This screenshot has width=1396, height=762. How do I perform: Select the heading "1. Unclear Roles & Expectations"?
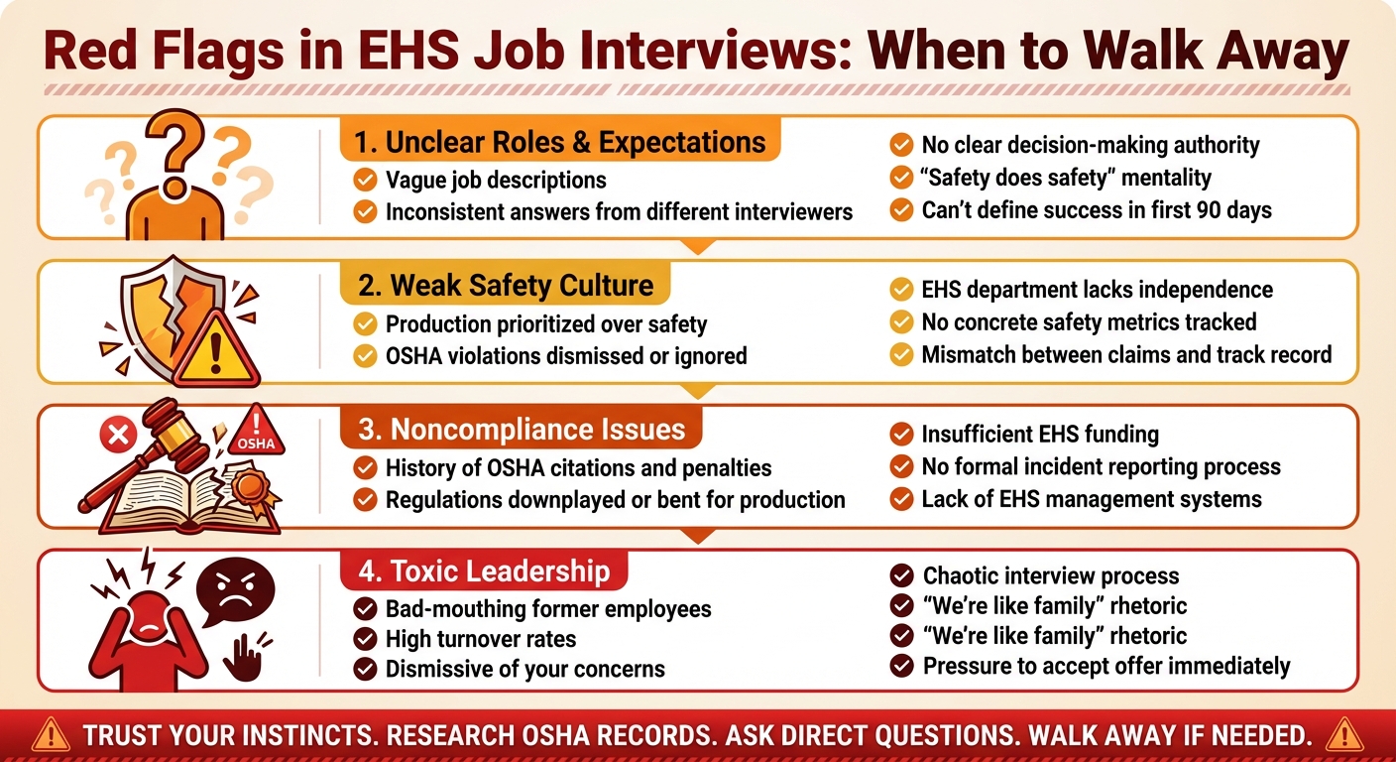point(559,142)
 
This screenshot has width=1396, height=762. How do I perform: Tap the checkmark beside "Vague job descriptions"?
point(365,180)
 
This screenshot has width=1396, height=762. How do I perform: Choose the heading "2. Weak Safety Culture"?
point(506,286)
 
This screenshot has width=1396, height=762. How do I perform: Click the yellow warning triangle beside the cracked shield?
point(215,350)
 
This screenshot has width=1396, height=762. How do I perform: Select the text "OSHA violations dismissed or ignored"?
point(566,356)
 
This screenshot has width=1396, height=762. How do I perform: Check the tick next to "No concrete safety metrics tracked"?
point(901,322)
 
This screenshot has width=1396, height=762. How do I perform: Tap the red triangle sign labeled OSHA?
point(256,432)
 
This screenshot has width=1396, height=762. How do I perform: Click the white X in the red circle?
point(118,434)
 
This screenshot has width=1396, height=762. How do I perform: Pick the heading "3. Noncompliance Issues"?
point(521,430)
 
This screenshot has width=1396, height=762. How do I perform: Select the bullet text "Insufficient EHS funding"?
point(1040,434)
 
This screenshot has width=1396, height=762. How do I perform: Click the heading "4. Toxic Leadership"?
point(484,571)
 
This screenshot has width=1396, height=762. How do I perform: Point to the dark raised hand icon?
point(246,657)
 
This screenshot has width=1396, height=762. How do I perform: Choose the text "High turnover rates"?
point(481,639)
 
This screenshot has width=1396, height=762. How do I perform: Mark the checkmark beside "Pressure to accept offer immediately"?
point(901,666)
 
